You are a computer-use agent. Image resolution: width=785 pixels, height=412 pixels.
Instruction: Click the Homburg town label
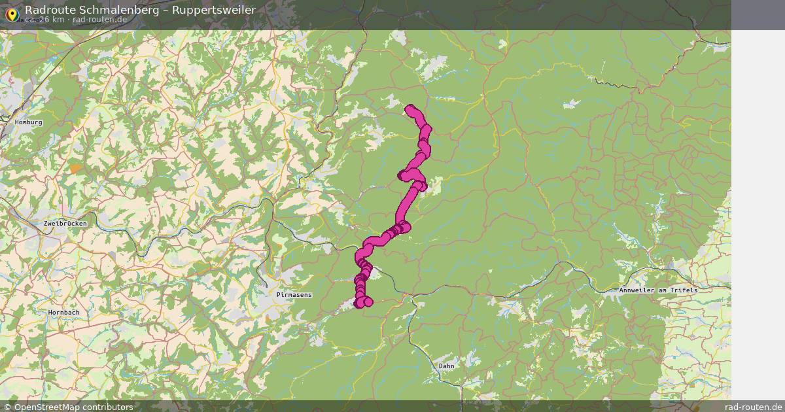click(x=28, y=122)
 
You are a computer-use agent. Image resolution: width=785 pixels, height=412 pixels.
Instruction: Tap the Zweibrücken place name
click(x=65, y=224)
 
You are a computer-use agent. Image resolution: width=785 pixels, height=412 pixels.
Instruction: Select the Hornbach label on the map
click(x=63, y=313)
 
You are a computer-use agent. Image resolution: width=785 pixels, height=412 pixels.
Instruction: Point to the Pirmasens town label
click(x=294, y=296)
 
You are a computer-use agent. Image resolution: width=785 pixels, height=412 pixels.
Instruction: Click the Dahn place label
click(x=446, y=366)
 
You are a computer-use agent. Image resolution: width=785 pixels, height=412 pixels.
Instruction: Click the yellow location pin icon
click(x=12, y=13)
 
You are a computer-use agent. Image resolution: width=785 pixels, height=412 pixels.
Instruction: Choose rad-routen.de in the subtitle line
click(x=99, y=20)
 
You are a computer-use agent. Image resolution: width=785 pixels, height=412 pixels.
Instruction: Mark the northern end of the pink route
click(x=410, y=109)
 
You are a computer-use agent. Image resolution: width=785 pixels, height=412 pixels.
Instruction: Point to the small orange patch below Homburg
click(x=76, y=168)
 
